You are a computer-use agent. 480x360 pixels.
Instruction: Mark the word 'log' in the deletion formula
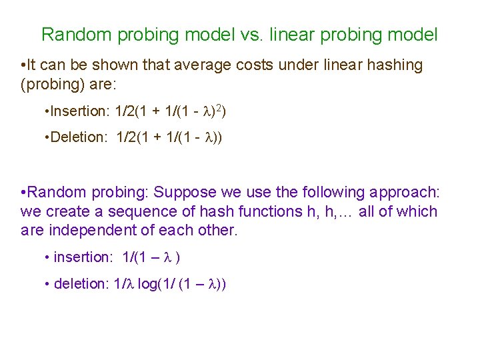[148, 284]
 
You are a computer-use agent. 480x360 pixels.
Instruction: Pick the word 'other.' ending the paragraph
[215, 231]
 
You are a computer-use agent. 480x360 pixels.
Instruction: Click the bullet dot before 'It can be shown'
[23, 65]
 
